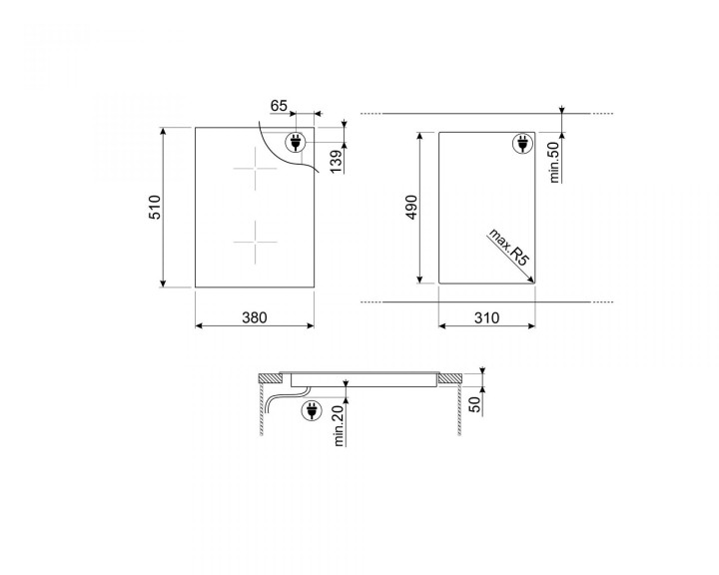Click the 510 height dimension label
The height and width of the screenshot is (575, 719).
point(154,208)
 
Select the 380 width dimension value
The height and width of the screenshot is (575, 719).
point(255,317)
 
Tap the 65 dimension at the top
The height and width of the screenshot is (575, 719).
point(279,105)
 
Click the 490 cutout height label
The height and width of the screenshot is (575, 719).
point(409,207)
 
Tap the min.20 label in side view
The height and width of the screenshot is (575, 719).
point(340,427)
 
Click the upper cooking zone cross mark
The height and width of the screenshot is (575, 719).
point(255,170)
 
